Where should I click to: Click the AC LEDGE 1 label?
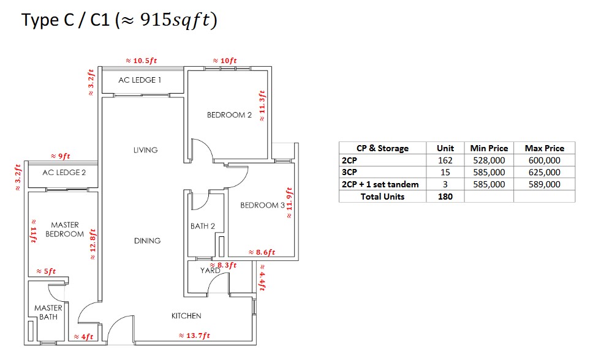click(x=140, y=80)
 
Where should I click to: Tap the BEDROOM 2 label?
click(x=229, y=115)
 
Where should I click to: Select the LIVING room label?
click(x=145, y=150)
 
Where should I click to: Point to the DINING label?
click(x=147, y=241)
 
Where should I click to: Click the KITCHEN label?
click(x=186, y=316)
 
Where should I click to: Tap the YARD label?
click(x=210, y=271)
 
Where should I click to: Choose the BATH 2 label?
click(x=203, y=227)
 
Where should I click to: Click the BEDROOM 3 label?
click(x=262, y=205)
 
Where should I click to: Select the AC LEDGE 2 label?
click(x=64, y=173)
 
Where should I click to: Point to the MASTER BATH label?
click(x=48, y=312)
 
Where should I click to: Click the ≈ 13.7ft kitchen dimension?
click(x=194, y=336)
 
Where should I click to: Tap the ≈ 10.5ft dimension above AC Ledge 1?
click(x=142, y=61)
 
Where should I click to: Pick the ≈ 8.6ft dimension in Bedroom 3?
click(x=262, y=252)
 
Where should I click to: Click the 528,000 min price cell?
click(x=489, y=160)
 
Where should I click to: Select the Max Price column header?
click(x=544, y=148)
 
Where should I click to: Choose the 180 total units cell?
click(x=445, y=197)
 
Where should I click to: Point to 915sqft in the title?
click(x=175, y=20)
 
